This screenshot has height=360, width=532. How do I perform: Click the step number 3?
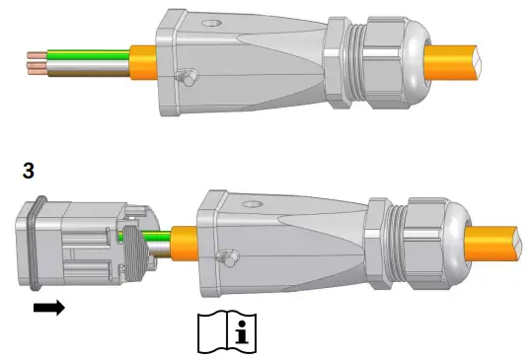[x=29, y=171]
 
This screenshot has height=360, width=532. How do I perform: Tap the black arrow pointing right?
[x=49, y=308]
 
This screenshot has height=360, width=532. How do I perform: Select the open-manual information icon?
[x=227, y=333]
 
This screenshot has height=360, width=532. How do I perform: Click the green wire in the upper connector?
[x=88, y=54]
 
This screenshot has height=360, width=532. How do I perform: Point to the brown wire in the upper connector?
[x=88, y=72]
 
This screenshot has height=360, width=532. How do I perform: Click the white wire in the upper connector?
[x=88, y=64]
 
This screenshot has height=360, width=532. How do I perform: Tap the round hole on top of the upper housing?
[x=211, y=23]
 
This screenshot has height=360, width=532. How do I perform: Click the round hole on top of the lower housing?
[x=252, y=204]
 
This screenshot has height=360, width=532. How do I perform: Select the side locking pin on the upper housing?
[x=187, y=77]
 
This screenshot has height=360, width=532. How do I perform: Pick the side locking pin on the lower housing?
[x=228, y=258]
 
